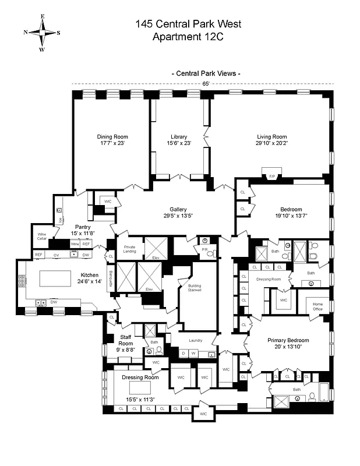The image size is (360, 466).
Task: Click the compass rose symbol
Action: point(42,33)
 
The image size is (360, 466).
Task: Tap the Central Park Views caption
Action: point(206,73)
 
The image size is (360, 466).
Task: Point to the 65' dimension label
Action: point(205,84)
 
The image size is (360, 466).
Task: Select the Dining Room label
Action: point(111,137)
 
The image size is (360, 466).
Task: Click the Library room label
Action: point(179,137)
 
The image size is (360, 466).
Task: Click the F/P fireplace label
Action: point(271,175)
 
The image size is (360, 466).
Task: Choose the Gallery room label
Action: point(178,209)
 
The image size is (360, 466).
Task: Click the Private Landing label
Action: point(129,249)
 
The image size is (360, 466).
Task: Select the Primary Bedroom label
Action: point(288,340)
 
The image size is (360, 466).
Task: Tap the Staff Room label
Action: point(126,340)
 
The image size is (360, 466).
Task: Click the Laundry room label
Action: point(194,341)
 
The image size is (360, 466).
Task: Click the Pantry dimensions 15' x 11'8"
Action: point(82,233)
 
